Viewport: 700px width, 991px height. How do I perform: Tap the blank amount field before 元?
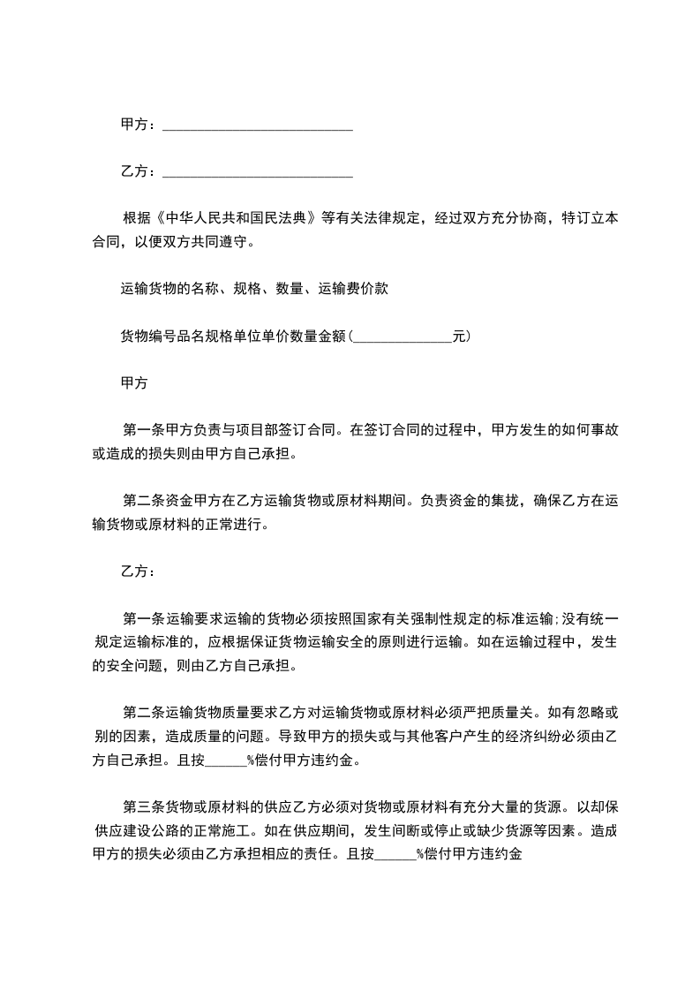402,337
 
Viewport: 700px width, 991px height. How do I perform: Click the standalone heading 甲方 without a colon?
133,384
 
